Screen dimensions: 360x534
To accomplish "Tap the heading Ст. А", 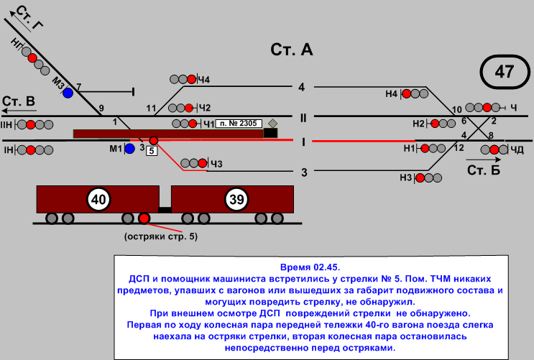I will pyautogui.click(x=292, y=50).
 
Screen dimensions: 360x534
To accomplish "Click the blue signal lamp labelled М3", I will pyautogui.click(x=68, y=92).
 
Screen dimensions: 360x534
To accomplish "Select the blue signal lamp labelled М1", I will pyautogui.click(x=129, y=149).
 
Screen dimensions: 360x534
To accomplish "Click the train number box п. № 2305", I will pyautogui.click(x=238, y=124).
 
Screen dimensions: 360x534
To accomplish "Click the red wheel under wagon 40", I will pyautogui.click(x=144, y=218).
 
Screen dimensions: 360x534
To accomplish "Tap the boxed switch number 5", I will pyautogui.click(x=152, y=151).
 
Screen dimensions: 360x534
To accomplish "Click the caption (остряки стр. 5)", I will pyautogui.click(x=160, y=236).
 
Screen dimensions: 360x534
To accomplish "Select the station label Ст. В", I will pyautogui.click(x=19, y=101).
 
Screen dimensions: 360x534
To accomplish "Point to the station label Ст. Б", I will pyautogui.click(x=483, y=170).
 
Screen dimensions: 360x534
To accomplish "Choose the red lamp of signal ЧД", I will pyautogui.click(x=494, y=149).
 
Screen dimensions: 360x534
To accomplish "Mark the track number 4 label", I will pyautogui.click(x=302, y=87).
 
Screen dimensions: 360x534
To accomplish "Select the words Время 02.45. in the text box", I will pyautogui.click(x=305, y=267).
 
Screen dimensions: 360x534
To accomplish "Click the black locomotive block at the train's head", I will pyautogui.click(x=270, y=132).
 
